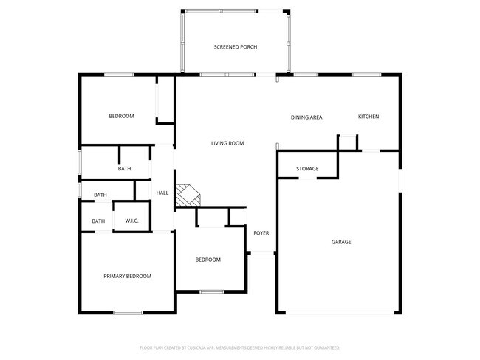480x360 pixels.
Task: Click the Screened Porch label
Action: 236,47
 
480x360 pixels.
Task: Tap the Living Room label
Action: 227,143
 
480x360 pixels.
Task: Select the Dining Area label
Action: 306,117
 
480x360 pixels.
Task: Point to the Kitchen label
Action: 368,117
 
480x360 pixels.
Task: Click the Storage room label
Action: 307,169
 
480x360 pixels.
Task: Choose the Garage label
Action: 340,242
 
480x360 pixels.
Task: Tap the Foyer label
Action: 261,233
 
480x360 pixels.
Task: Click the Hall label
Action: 162,193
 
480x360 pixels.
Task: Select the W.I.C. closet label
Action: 132,221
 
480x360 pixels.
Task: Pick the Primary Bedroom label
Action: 127,276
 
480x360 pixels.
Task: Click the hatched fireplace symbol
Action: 187,195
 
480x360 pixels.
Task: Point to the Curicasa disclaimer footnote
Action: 239,347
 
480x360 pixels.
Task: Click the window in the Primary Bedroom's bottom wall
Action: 128,313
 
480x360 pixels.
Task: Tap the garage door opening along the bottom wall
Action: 340,313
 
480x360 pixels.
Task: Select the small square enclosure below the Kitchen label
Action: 347,142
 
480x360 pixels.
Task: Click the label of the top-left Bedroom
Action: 121,116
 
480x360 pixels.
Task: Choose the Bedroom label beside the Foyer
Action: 208,260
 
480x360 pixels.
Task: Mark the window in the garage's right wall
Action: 400,181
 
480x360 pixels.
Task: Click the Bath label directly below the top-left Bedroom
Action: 124,169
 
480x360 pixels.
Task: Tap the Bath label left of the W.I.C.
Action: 98,221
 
